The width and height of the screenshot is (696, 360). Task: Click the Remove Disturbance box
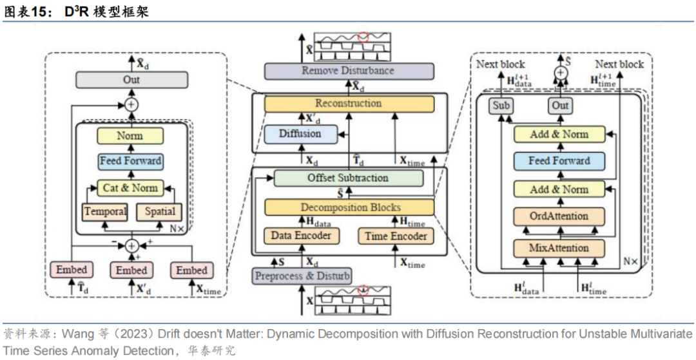point(347,71)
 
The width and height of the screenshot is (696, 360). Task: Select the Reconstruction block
point(347,103)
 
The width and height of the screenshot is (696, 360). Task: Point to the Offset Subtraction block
point(348,178)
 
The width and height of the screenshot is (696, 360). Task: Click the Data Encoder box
point(301,236)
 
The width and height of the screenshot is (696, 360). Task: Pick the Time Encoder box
point(395,236)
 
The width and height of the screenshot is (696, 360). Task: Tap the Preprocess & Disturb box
point(302,276)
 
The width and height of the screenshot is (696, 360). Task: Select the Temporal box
point(104,211)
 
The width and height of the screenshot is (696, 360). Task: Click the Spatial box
point(159,211)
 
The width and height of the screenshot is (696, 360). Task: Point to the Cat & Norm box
point(131,188)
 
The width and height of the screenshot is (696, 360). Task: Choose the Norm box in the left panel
point(130,136)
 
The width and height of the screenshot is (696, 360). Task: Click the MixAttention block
point(559,248)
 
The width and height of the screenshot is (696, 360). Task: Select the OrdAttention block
point(559,216)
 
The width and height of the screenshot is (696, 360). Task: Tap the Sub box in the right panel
point(500,105)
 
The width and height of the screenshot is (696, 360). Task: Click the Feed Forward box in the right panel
point(559,160)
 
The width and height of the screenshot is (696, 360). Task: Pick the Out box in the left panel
point(131,80)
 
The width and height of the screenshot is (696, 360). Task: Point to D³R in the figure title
point(75,11)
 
